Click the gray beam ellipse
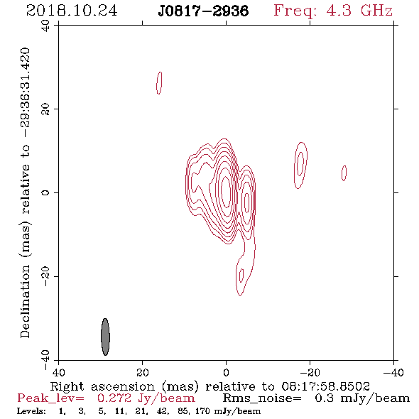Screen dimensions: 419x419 tap(105, 337)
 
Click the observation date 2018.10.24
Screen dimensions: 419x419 tap(72, 11)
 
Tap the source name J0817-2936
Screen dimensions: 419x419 tap(203, 11)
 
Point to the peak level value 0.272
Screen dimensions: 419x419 tap(114, 398)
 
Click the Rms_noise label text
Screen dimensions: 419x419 tap(262, 398)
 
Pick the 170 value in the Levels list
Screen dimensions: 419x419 tap(203, 410)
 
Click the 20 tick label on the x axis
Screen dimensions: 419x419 tap(142, 373)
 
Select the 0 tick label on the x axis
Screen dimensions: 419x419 tap(226, 373)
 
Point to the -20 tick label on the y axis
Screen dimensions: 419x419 tap(45, 276)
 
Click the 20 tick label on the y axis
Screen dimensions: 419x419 tap(45, 109)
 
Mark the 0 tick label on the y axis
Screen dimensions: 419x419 tap(45, 192)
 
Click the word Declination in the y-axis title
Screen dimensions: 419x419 tap(25, 302)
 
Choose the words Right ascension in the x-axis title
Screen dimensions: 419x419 tap(102, 386)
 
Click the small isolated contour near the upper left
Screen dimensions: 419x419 tap(159, 83)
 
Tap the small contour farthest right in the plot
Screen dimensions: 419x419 tap(344, 173)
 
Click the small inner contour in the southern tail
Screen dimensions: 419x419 tap(241, 276)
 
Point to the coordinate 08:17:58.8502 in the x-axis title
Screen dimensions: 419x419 tap(326, 386)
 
